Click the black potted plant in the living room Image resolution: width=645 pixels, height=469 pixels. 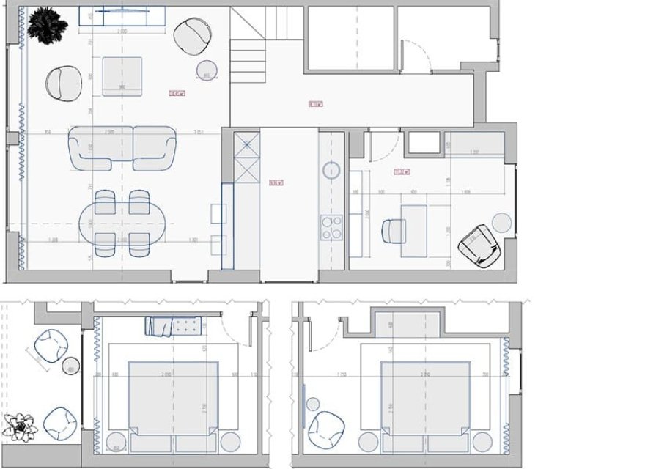(47, 23)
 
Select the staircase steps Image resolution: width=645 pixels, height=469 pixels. (248, 55)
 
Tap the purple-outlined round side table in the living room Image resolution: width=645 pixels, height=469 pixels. (207, 70)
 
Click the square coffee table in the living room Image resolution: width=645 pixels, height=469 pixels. (122, 75)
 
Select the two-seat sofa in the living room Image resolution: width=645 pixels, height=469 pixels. (122, 147)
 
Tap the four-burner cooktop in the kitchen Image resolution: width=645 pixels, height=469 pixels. (331, 227)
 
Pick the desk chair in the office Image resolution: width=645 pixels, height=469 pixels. (394, 232)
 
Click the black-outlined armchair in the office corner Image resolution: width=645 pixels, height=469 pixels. (479, 245)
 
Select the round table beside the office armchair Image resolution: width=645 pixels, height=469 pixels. (502, 221)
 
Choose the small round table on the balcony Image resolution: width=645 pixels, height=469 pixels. (71, 366)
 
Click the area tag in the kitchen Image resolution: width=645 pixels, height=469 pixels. (276, 182)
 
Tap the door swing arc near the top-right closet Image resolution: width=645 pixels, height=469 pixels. (416, 55)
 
